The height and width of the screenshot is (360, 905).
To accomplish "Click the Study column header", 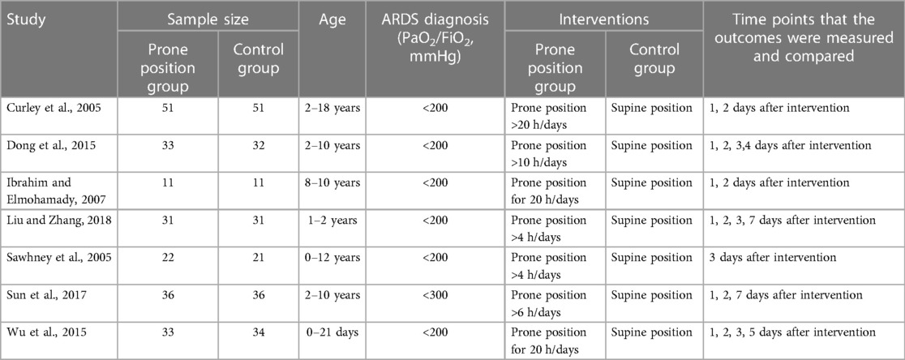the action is pyautogui.click(x=25, y=21).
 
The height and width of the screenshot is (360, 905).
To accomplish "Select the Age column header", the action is pyautogui.click(x=332, y=19).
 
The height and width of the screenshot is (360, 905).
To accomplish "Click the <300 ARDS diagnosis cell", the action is pyautogui.click(x=435, y=295).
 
